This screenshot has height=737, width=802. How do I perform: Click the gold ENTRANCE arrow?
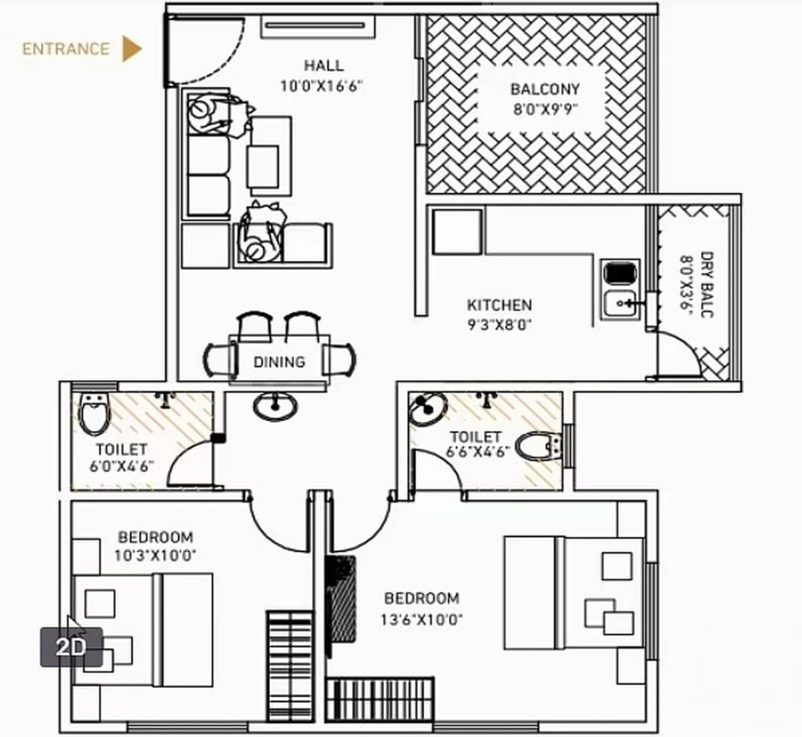coord(131,49)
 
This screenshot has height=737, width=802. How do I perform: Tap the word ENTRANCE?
coord(65,50)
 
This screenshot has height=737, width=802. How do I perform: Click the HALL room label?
coord(323,65)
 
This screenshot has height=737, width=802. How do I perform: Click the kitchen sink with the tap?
coord(621,304)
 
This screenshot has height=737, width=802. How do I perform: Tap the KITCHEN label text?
coord(499,305)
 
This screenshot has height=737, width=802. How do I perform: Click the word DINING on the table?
coord(279,362)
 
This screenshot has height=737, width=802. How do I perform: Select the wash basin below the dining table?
coord(275,405)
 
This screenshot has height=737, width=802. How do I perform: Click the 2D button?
coord(71,646)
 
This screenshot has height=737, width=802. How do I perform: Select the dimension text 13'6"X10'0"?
coord(423,619)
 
